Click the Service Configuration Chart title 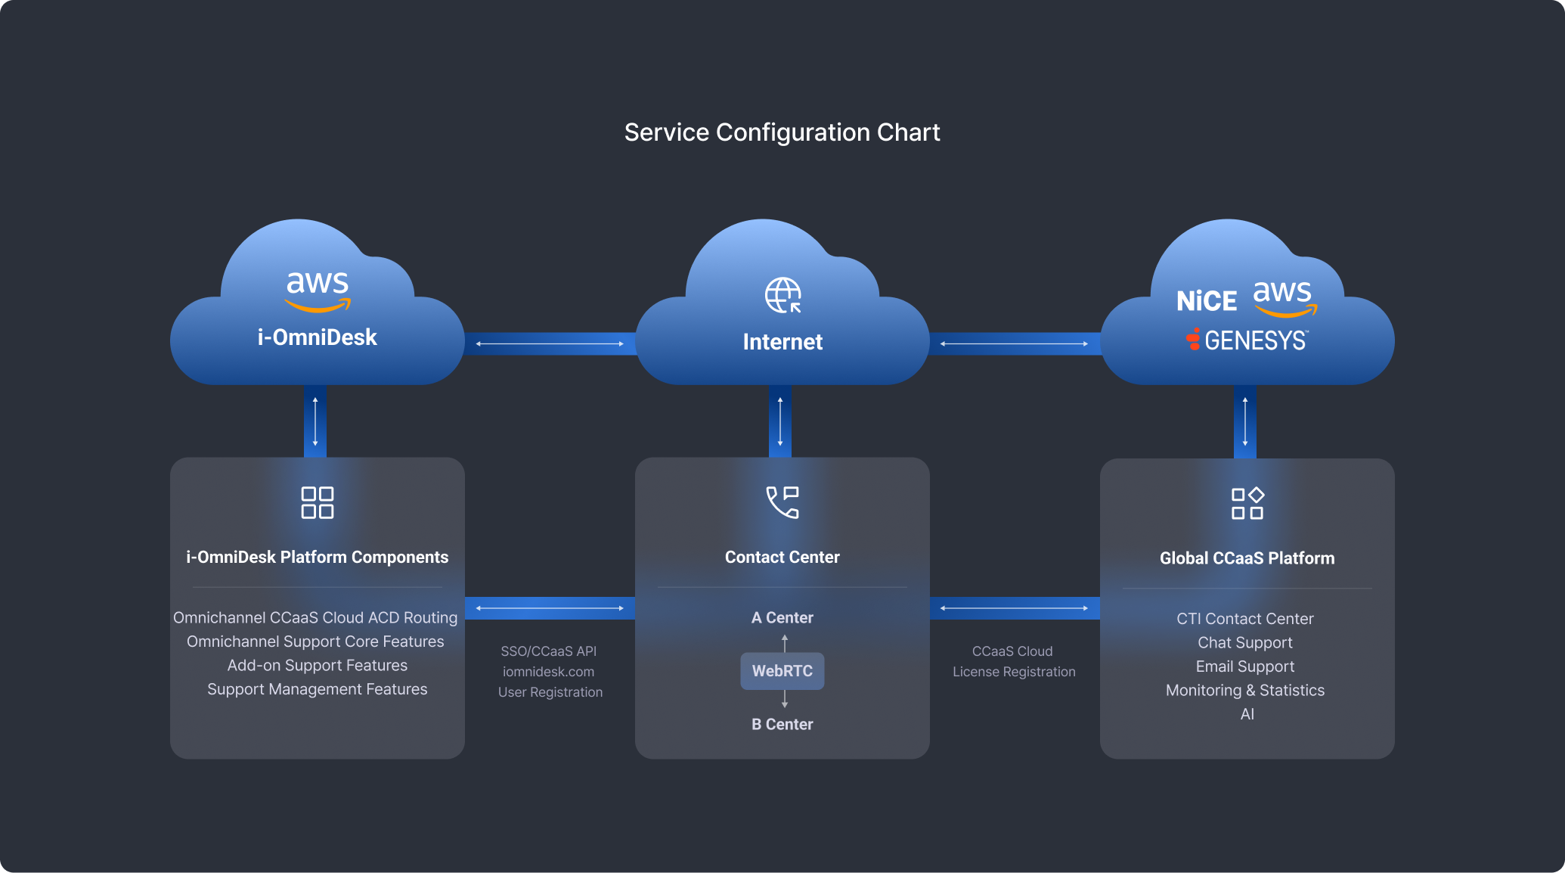(782, 132)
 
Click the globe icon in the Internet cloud (782, 295)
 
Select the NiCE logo (1207, 301)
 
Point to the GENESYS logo (1247, 340)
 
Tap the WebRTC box (782, 671)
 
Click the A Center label (782, 617)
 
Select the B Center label (782, 724)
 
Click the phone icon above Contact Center (782, 502)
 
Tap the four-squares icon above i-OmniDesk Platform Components (318, 502)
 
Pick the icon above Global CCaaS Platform (1247, 503)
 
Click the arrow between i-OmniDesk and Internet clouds (550, 343)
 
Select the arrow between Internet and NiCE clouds (1015, 343)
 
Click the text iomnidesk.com (549, 672)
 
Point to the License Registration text (1014, 672)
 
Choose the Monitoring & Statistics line (1245, 690)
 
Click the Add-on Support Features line (318, 665)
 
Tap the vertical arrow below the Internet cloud (780, 422)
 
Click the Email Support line (1245, 666)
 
